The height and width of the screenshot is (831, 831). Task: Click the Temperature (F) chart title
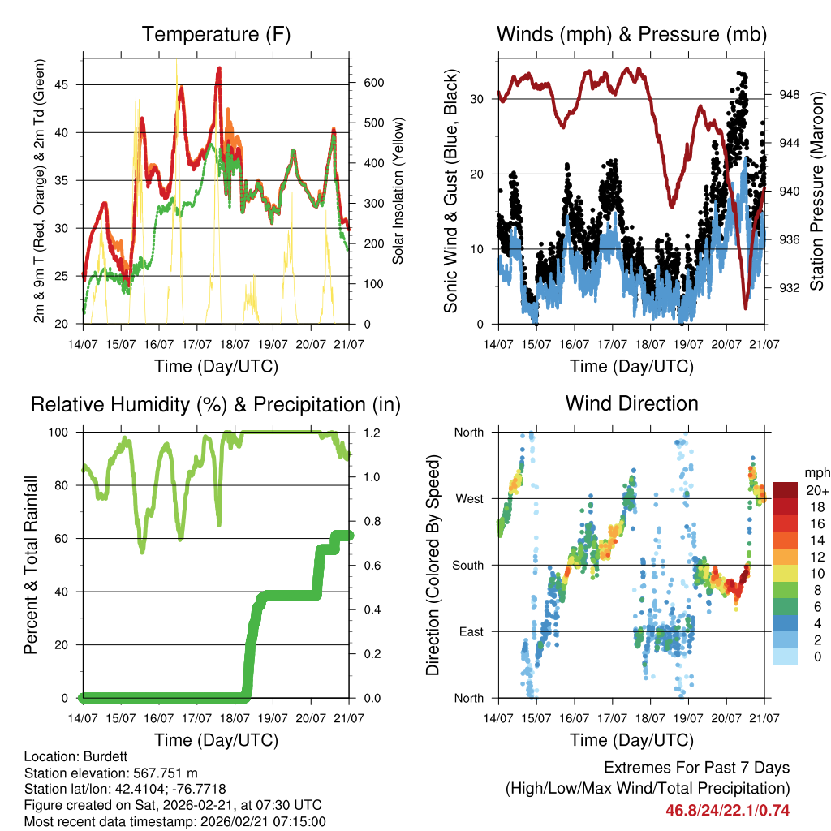coord(216,34)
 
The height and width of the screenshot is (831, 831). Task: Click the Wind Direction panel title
coord(631,403)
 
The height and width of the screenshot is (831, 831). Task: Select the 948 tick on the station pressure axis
coord(788,95)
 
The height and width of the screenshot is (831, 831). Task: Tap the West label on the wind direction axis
coord(468,498)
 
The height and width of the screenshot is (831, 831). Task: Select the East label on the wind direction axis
coord(470,631)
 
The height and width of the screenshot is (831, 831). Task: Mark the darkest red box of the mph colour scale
coord(785,489)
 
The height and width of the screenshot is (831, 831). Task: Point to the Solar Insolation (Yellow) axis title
coord(398,192)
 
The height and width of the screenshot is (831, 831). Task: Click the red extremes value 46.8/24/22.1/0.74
coord(728,810)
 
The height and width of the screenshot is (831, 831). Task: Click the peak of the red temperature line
coord(219,68)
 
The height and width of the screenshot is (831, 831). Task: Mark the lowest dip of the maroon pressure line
coord(745,308)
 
